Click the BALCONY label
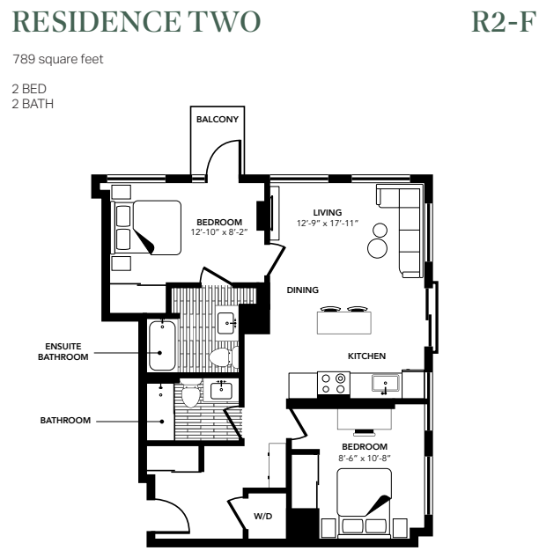[218, 119]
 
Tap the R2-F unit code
[504, 22]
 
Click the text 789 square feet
[57, 59]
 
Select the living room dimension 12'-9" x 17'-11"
[327, 224]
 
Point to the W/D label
[262, 516]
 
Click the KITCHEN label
[366, 356]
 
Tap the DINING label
[303, 290]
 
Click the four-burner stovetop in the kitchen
[334, 383]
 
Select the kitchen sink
[386, 384]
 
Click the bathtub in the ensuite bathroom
[162, 346]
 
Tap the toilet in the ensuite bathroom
[220, 357]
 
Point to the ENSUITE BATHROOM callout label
[63, 351]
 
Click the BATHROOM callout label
[65, 421]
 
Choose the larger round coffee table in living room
[377, 248]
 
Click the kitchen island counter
[343, 323]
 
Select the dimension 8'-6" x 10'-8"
[365, 458]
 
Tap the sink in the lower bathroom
[221, 391]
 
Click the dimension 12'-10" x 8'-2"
[219, 232]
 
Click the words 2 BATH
[33, 104]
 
